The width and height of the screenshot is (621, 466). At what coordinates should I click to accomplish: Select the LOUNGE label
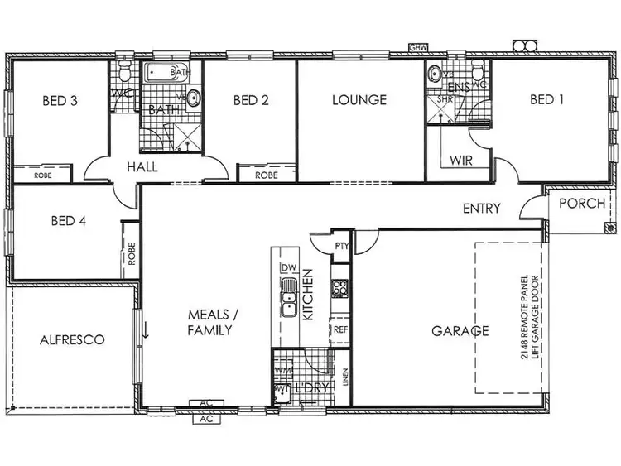(359, 100)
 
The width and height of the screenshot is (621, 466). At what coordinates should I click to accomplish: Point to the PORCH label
(582, 204)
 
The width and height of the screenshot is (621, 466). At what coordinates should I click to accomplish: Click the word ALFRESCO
(72, 339)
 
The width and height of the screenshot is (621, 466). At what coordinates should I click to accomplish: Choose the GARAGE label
(460, 331)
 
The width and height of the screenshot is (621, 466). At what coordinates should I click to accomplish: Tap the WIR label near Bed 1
(461, 160)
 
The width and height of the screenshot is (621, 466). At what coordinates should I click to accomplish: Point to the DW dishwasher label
(288, 267)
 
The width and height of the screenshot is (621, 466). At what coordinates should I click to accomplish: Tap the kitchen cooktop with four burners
(339, 289)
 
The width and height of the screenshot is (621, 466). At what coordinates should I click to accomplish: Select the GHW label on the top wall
(418, 50)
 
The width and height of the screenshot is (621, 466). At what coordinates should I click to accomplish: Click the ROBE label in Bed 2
(266, 175)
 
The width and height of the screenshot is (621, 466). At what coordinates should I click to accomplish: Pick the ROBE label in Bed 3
(43, 175)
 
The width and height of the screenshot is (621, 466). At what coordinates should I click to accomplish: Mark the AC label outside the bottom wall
(207, 420)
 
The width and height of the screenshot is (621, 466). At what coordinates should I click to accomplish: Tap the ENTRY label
(481, 209)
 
